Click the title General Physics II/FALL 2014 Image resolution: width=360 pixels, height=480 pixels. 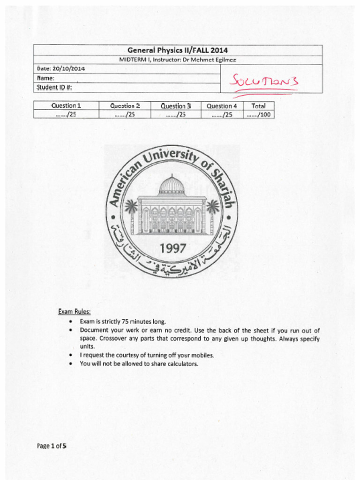pyautogui.click(x=178, y=50)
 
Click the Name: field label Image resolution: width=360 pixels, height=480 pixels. pyautogui.click(x=46, y=78)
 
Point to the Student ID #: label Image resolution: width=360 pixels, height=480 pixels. pyautogui.click(x=54, y=88)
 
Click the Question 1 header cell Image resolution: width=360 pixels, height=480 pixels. pyautogui.click(x=66, y=106)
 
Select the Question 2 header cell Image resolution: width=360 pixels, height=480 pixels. pyautogui.click(x=125, y=106)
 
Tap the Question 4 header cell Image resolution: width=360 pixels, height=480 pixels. pyautogui.click(x=222, y=106)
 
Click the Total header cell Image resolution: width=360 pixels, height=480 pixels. pyautogui.click(x=258, y=106)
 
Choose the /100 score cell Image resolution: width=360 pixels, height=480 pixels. pyautogui.click(x=259, y=114)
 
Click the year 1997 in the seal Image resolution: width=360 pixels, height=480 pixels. pyautogui.click(x=173, y=248)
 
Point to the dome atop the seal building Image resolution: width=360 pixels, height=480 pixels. pyautogui.click(x=172, y=185)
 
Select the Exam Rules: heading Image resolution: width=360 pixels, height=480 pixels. pyautogui.click(x=74, y=311)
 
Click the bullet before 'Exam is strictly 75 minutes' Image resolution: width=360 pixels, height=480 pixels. pyautogui.click(x=70, y=322)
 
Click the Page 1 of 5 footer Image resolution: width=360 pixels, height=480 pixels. pyautogui.click(x=52, y=446)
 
